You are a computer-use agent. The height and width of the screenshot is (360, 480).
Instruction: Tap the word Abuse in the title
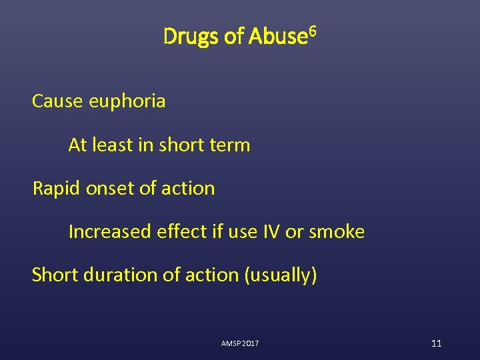tap(277, 37)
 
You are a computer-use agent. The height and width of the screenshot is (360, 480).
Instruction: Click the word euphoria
tap(130, 102)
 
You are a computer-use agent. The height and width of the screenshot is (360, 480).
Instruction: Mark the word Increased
tap(110, 232)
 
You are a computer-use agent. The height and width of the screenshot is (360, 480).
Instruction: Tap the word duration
tap(116, 275)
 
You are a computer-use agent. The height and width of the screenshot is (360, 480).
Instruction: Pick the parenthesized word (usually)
tap(281, 275)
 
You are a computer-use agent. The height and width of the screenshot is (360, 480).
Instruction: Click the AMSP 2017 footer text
tap(240, 343)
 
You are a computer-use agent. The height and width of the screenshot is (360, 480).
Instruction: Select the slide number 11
tap(436, 343)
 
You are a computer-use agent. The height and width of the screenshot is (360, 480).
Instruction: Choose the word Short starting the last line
tap(55, 275)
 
